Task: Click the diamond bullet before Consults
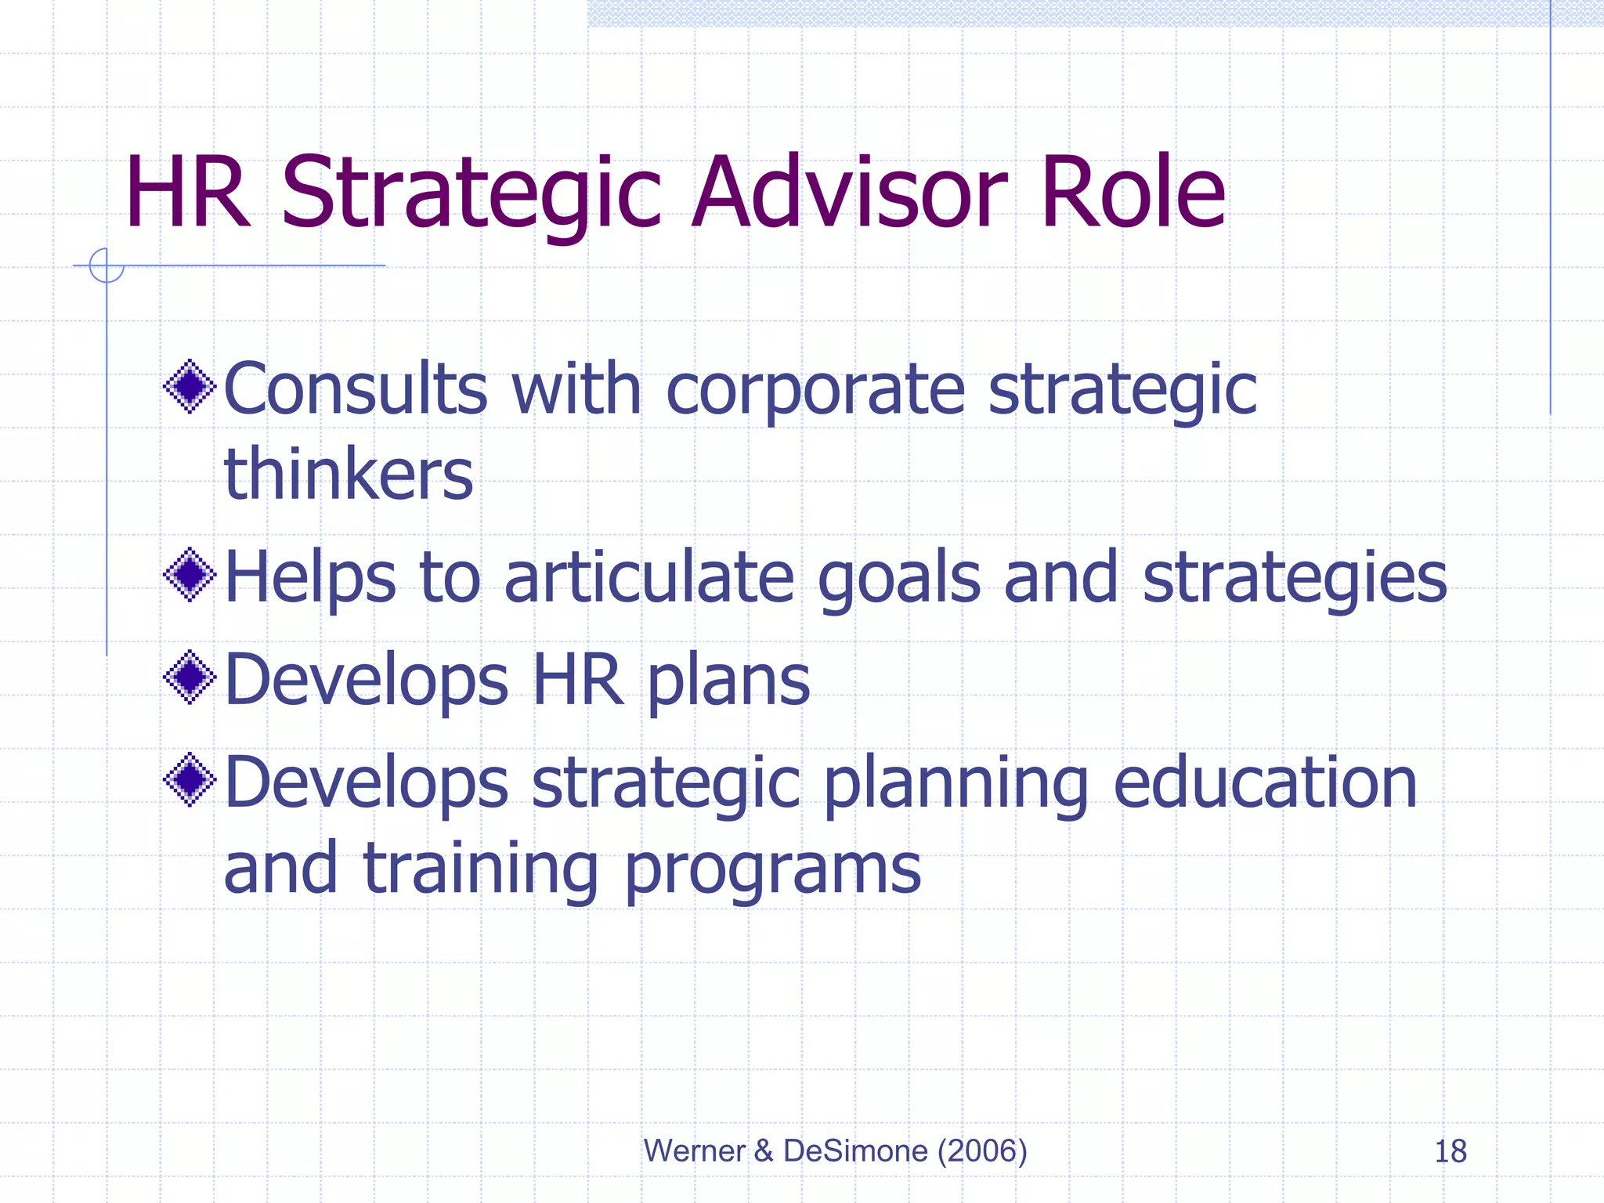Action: click(190, 385)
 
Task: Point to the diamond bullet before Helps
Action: click(190, 575)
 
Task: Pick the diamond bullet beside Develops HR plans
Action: click(190, 677)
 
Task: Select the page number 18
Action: click(1450, 1151)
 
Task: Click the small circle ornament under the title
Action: click(107, 266)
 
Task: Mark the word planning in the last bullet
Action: click(956, 786)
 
